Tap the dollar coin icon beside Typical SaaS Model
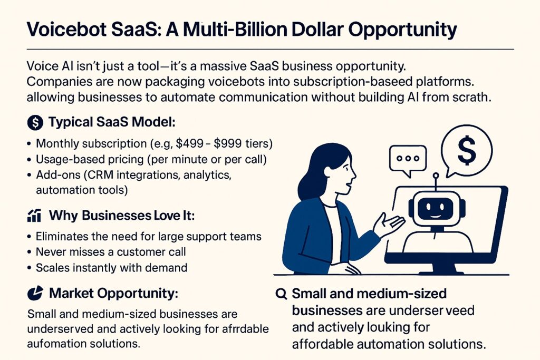pyautogui.click(x=35, y=122)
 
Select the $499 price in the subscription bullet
pyautogui.click(x=189, y=143)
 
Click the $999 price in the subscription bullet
pyautogui.click(x=228, y=143)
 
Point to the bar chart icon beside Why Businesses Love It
pyautogui.click(x=34, y=216)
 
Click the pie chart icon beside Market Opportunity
pyautogui.click(x=35, y=293)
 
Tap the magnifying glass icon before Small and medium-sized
pyautogui.click(x=282, y=294)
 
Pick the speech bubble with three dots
pyautogui.click(x=408, y=159)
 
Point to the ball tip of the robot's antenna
pyautogui.click(x=436, y=176)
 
